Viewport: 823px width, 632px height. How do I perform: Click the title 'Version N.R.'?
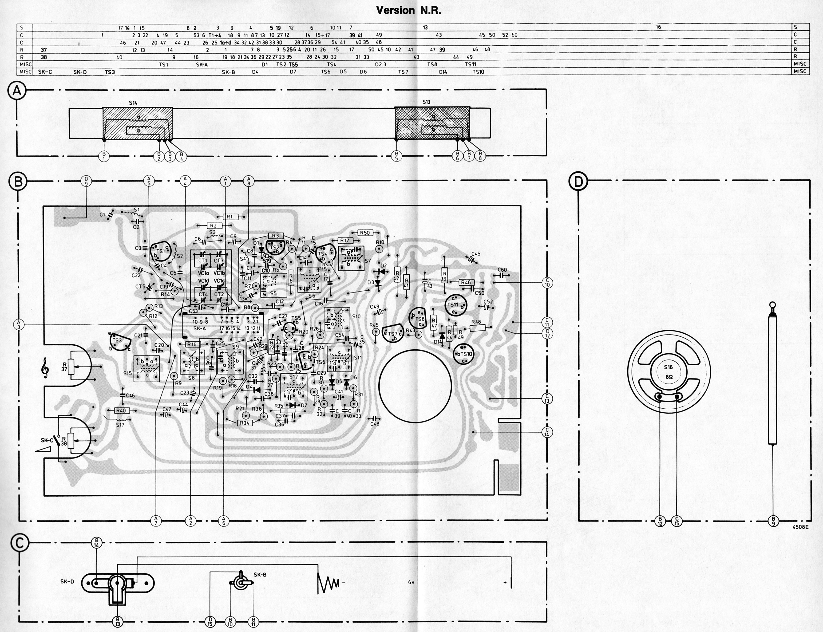[408, 11]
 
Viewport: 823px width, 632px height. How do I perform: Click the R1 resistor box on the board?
[229, 217]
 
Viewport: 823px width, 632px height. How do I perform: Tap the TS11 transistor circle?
[455, 305]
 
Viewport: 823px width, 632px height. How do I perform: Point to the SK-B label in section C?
[260, 575]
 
